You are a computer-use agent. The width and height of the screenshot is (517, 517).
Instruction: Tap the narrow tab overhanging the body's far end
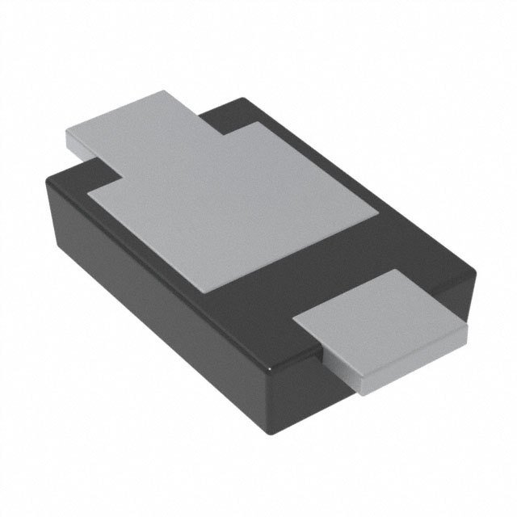coord(129,125)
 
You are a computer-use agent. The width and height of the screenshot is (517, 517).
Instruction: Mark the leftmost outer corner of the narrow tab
coord(65,132)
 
